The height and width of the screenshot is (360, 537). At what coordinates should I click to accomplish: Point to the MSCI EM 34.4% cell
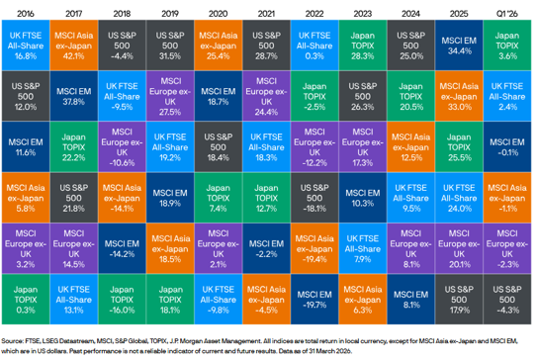point(460,45)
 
